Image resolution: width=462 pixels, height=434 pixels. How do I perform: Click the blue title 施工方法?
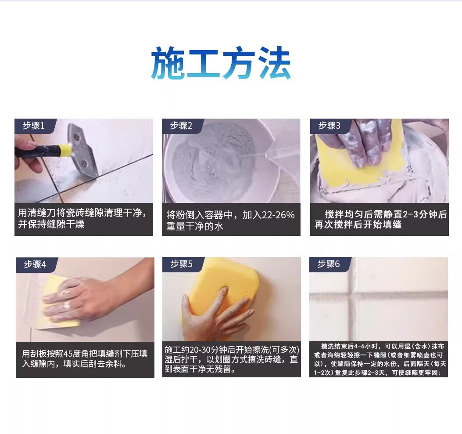(221, 62)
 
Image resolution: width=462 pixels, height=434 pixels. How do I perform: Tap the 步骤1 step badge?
(34, 126)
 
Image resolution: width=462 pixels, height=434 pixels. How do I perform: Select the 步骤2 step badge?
(181, 126)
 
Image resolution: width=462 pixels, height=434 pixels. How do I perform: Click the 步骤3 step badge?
(329, 126)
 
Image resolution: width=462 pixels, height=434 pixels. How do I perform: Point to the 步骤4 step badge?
(35, 264)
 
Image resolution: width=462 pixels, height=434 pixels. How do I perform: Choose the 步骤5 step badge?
(182, 264)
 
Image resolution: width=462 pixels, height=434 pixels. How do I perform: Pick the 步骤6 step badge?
(329, 264)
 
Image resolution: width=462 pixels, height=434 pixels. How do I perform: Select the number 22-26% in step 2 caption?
(278, 215)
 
